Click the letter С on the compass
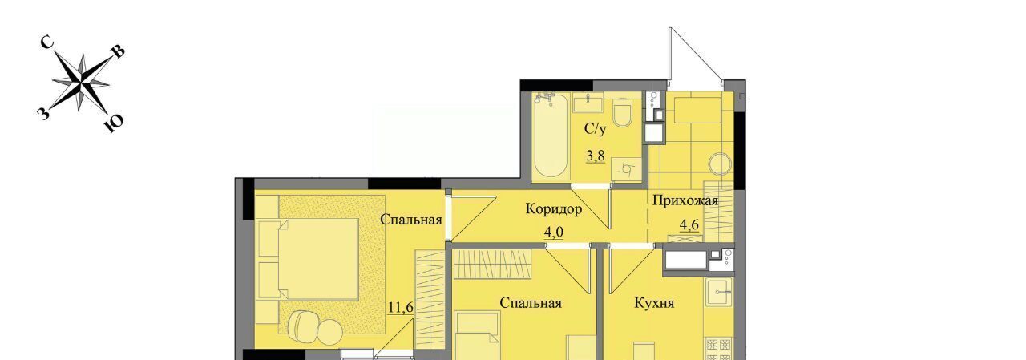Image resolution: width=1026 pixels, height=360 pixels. (46, 42)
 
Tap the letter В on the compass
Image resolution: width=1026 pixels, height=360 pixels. (118, 52)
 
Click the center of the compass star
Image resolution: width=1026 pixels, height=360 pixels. (82, 83)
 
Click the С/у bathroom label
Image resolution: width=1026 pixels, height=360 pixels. (595, 129)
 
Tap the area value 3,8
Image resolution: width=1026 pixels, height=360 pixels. (595, 156)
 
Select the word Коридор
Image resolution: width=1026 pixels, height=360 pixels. (553, 209)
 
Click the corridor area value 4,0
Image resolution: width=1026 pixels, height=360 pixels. (553, 233)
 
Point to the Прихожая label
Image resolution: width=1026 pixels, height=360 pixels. (685, 200)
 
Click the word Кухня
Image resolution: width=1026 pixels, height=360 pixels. (654, 303)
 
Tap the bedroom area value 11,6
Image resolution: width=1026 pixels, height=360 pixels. (401, 307)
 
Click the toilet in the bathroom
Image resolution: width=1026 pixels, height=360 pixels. (623, 111)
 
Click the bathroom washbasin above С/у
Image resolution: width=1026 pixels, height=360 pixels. (588, 103)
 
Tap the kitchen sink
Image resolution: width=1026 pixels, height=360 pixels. (720, 292)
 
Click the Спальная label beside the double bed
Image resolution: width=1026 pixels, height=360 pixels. (411, 220)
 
